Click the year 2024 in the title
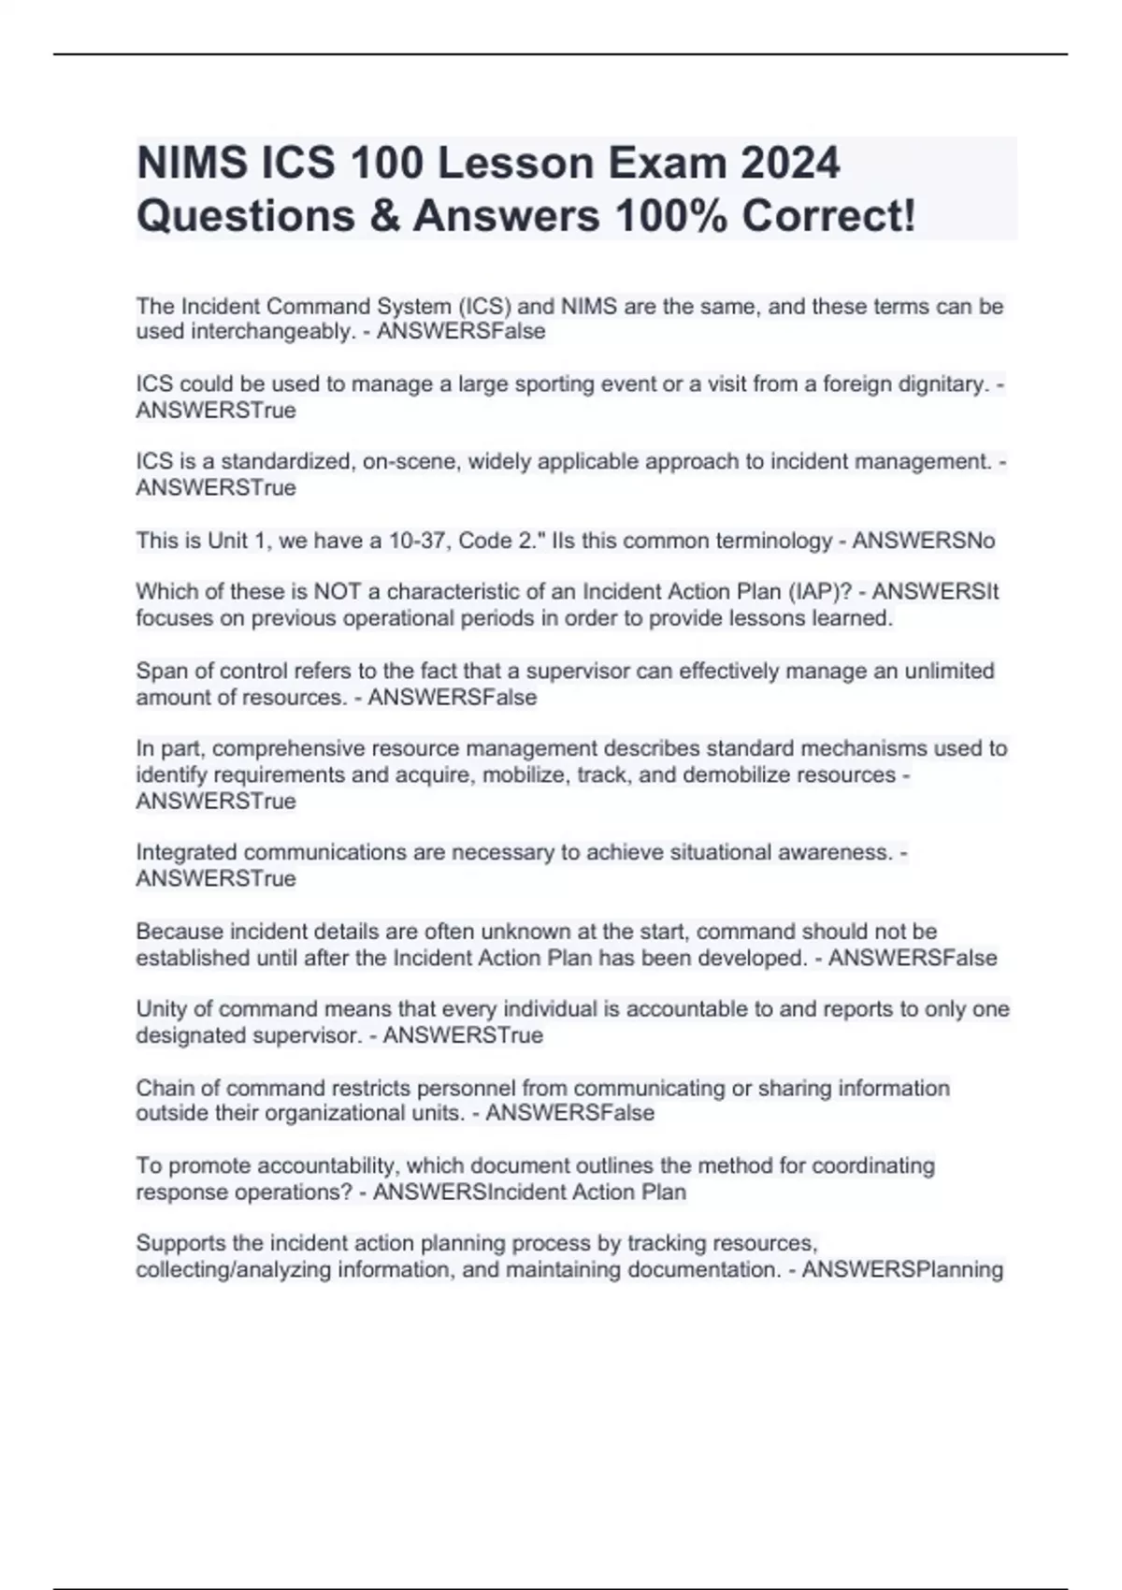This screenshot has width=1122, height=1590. point(790,163)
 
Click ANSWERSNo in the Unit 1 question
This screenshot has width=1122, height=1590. point(924,541)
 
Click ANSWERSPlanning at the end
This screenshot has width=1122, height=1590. point(902,1269)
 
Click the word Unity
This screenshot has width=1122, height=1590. point(162,1009)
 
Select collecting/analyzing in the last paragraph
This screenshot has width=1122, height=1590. point(234,1269)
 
